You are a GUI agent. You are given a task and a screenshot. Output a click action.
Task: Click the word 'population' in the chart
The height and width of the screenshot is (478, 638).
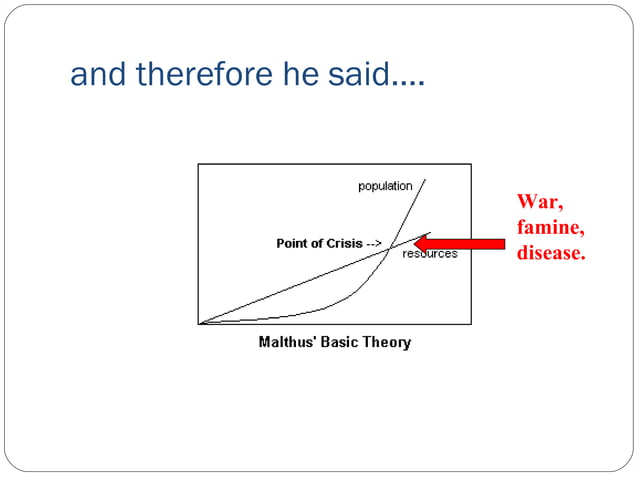385,186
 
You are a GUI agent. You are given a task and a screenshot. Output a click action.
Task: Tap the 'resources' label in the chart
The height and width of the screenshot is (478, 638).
430,254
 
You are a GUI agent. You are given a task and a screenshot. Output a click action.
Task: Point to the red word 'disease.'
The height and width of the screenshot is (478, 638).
550,253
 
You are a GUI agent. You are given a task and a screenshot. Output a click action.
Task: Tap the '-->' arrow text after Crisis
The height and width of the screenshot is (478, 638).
374,243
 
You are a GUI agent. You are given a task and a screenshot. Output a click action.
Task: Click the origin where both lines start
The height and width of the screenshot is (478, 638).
201,322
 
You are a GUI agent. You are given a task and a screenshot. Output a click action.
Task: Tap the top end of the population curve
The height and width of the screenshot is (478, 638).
425,181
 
